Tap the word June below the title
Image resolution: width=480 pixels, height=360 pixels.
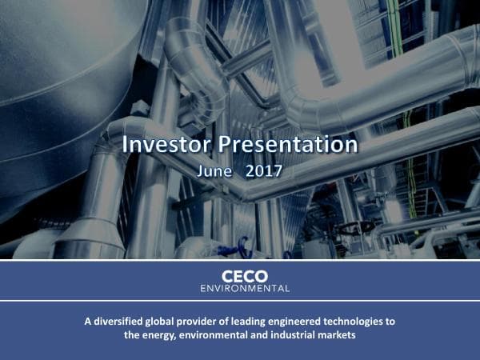tap(214, 170)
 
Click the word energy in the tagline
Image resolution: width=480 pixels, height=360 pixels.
tap(158, 335)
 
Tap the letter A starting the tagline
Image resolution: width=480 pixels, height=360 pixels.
tap(88, 322)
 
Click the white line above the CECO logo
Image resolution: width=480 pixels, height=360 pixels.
tap(240, 261)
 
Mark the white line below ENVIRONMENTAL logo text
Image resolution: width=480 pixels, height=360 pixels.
tap(240, 300)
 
